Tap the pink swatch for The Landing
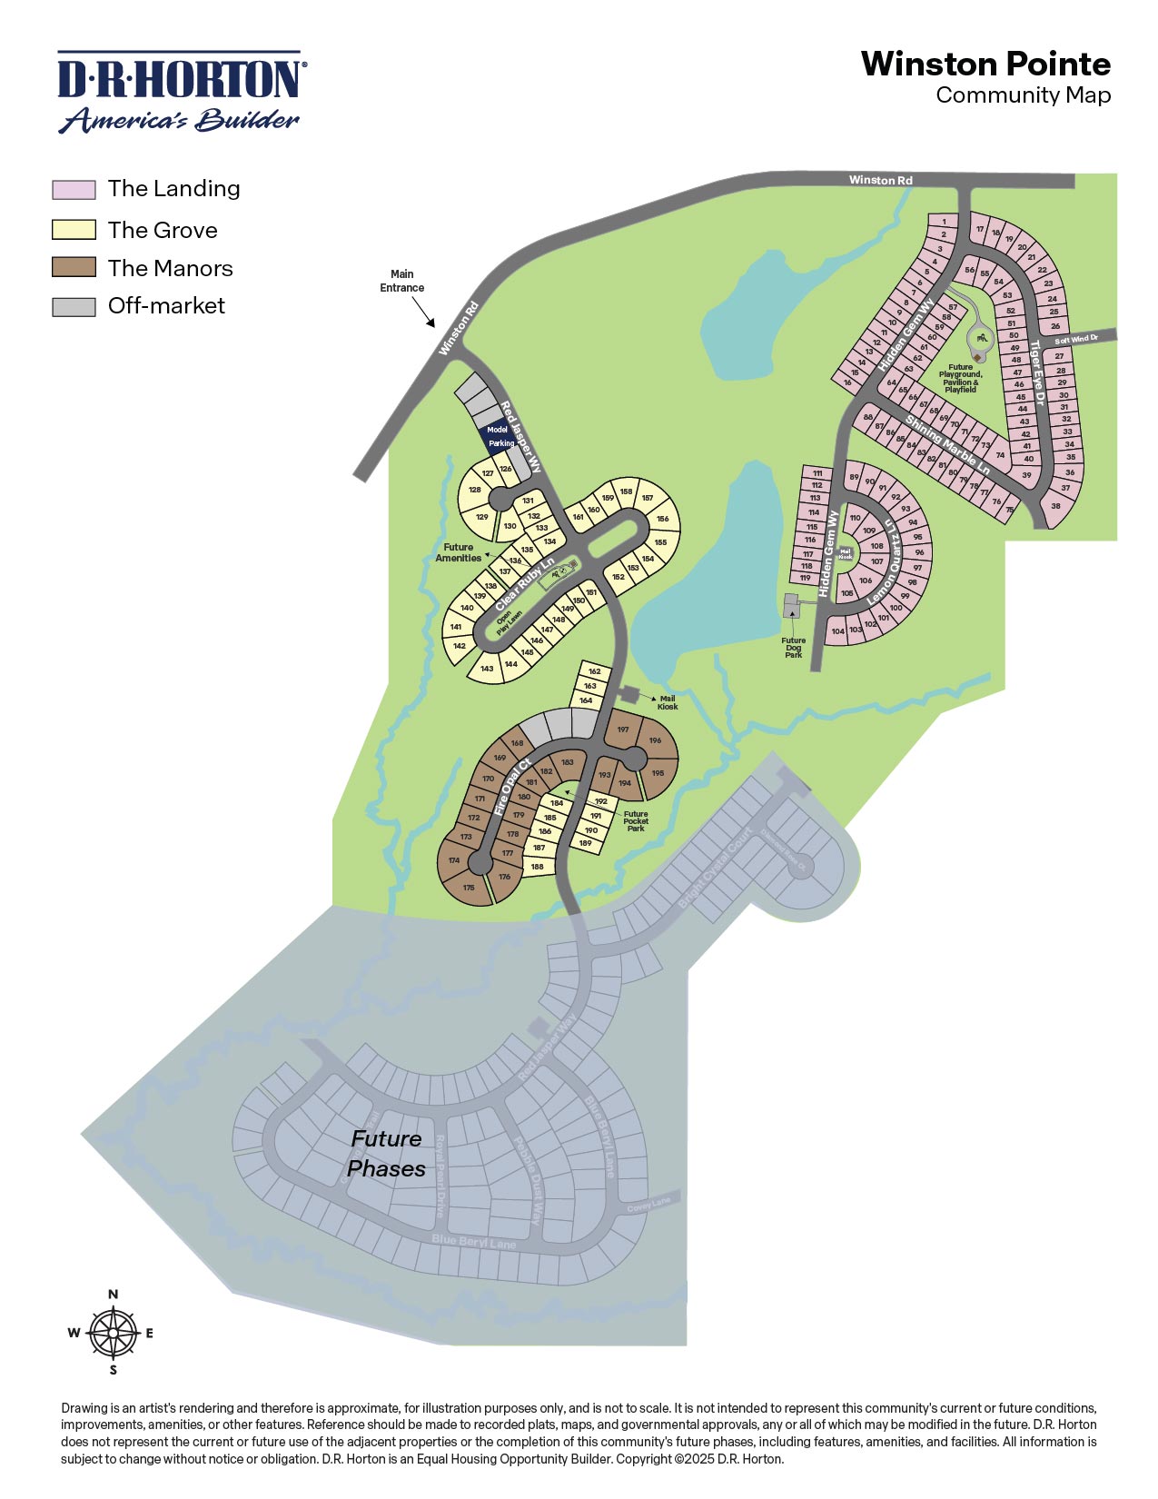tap(74, 190)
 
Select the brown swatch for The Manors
tap(74, 267)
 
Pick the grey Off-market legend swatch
tap(74, 306)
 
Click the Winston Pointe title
tap(985, 65)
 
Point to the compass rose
tap(114, 1333)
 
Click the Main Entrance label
tap(401, 281)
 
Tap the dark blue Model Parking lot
tap(497, 436)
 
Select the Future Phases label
tap(387, 1154)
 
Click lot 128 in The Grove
tap(474, 490)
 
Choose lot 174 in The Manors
tap(454, 859)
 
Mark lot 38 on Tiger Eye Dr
tap(1055, 507)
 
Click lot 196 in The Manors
tap(655, 740)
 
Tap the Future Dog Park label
tap(794, 647)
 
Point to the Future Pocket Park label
tap(636, 821)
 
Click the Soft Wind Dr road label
tap(1076, 340)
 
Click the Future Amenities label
tap(458, 552)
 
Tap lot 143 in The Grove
tap(488, 669)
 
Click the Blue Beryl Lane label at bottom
tap(474, 1242)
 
